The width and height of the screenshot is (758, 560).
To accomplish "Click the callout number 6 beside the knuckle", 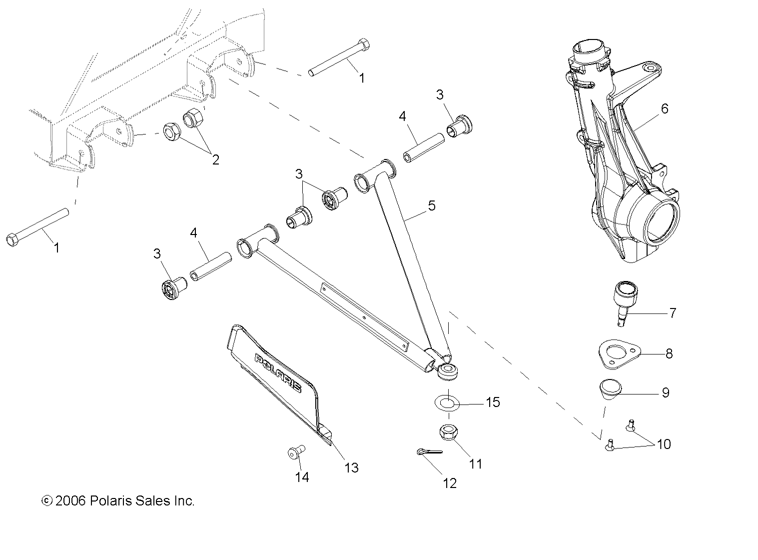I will tap(664, 108).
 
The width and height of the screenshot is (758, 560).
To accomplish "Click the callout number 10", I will tap(664, 444).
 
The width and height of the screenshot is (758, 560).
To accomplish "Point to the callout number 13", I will tap(351, 467).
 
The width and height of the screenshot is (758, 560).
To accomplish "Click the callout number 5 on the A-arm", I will tap(431, 205).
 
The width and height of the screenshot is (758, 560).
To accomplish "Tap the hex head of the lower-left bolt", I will tap(13, 239).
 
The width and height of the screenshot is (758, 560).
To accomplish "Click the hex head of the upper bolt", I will tap(365, 44).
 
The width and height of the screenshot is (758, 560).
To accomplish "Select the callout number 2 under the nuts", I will tap(215, 160).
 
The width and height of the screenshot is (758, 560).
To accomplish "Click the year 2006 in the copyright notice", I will tap(71, 501).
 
